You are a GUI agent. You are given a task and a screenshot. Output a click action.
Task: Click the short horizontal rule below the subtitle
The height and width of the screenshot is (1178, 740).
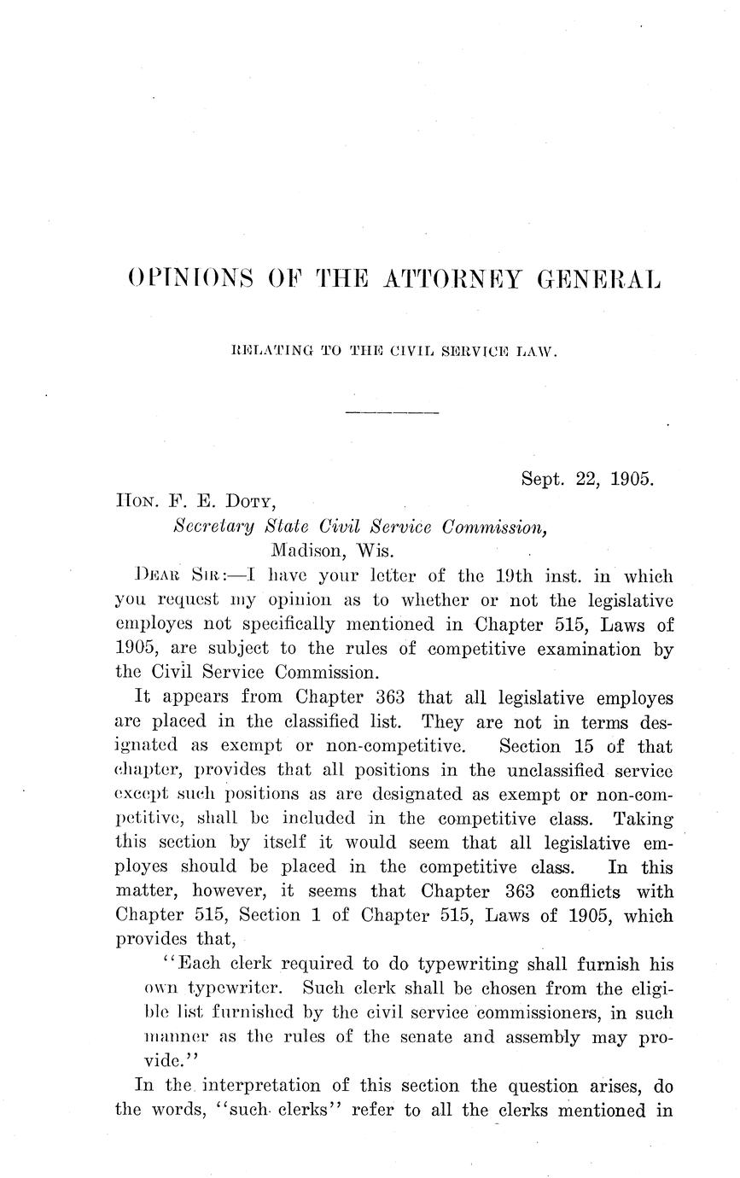point(392,413)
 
